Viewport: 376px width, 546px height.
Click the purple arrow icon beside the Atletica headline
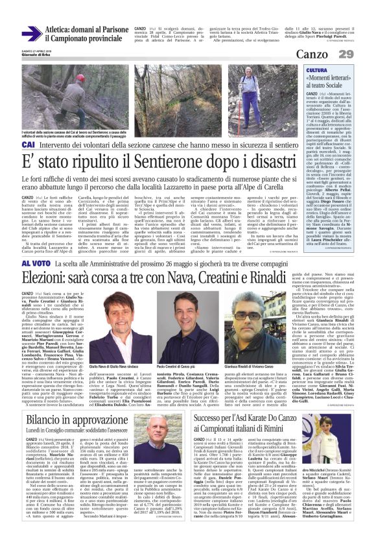click(30, 33)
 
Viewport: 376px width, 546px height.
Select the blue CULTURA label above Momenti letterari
click(317, 70)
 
